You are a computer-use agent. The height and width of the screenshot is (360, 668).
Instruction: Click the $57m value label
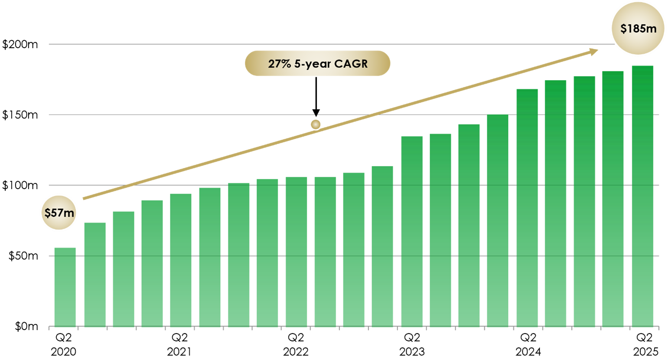pos(59,213)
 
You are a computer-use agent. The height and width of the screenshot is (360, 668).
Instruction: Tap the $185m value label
pos(638,29)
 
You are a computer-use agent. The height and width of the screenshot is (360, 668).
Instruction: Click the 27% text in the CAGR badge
pos(277,64)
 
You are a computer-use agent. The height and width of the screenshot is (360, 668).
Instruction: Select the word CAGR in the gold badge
pos(351,64)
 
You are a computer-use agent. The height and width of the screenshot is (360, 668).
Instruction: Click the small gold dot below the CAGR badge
pos(316,124)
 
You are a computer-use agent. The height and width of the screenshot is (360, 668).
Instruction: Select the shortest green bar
pos(65,286)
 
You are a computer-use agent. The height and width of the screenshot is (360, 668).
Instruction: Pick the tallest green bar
pos(642,195)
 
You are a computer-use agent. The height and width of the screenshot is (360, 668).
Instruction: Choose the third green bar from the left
pos(124,269)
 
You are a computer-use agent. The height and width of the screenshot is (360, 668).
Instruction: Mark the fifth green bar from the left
pos(181,260)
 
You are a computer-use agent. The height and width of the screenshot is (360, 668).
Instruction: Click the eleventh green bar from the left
pos(354,249)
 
